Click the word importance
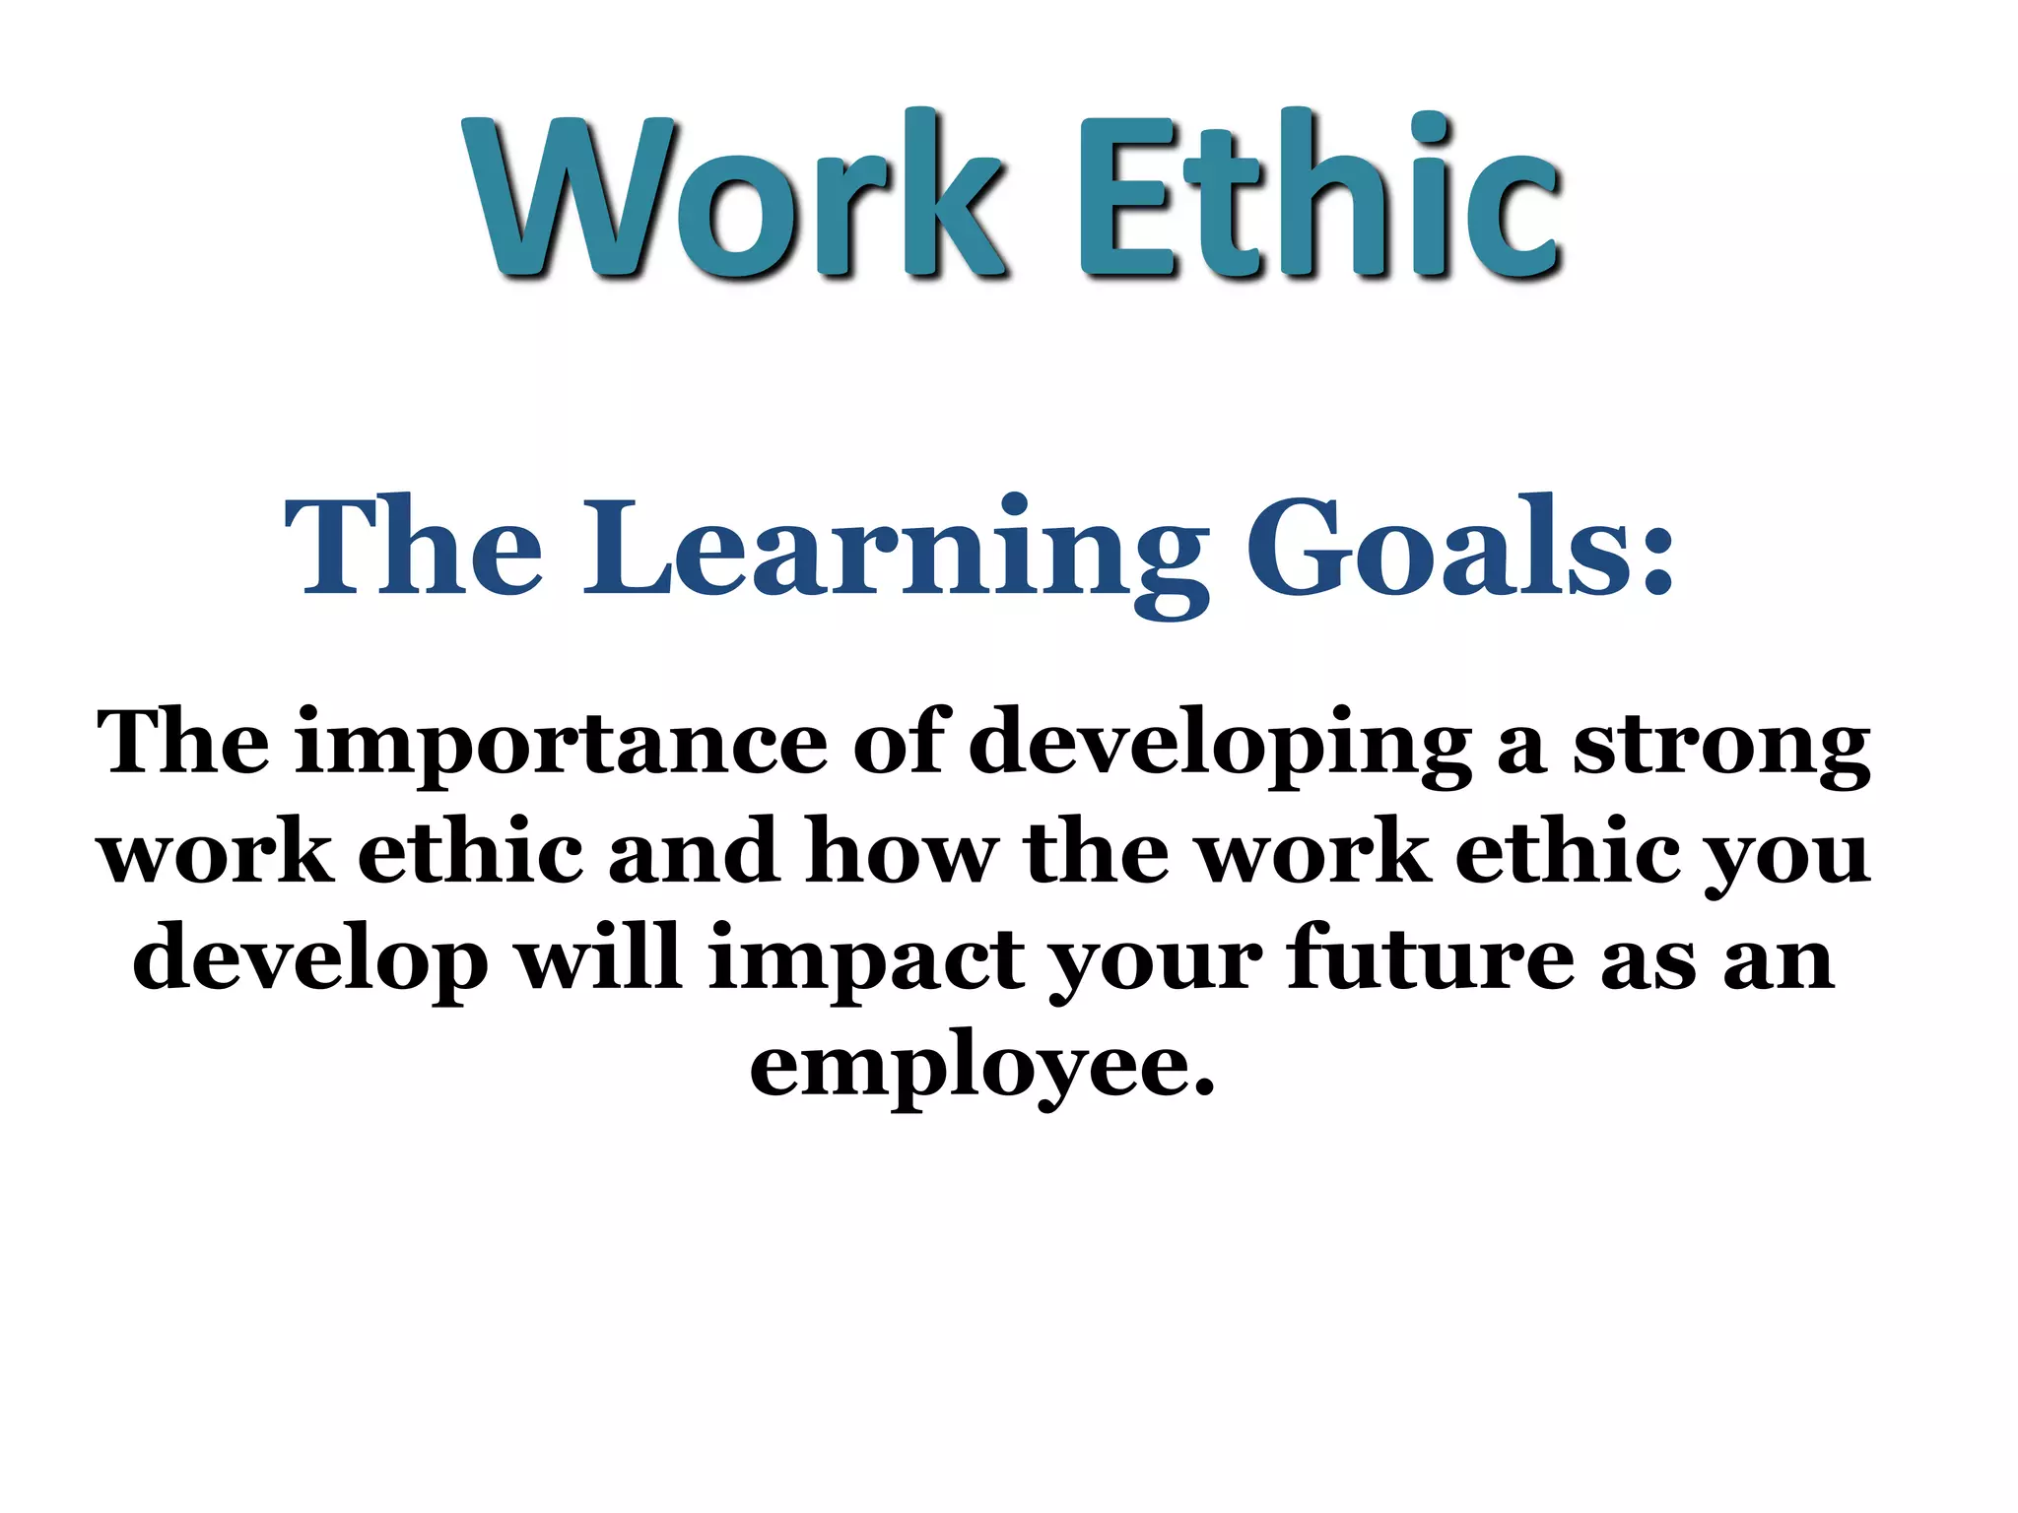pyautogui.click(x=562, y=745)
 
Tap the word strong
pyautogui.click(x=1720, y=745)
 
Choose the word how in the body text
pyautogui.click(x=902, y=851)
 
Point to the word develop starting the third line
pyautogui.click(x=310, y=961)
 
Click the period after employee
pyautogui.click(x=1203, y=1088)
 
